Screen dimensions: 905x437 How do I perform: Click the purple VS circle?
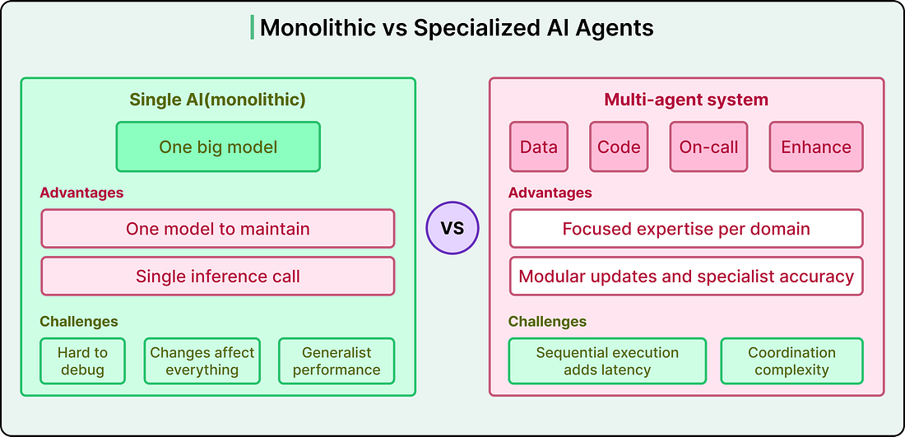pyautogui.click(x=452, y=228)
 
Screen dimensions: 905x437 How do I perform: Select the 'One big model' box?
pyautogui.click(x=218, y=146)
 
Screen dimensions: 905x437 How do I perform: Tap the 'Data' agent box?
pyautogui.click(x=539, y=146)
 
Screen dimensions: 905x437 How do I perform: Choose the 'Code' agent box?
pyautogui.click(x=619, y=146)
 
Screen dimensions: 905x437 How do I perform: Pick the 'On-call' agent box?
pyautogui.click(x=708, y=146)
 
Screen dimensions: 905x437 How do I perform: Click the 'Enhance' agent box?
pyautogui.click(x=816, y=146)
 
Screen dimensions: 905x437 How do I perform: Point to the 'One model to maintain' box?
pyautogui.click(x=217, y=229)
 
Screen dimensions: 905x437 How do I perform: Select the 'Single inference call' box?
pyautogui.click(x=217, y=276)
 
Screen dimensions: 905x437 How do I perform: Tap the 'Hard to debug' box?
pyautogui.click(x=82, y=360)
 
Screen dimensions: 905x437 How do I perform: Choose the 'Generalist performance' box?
pyautogui.click(x=336, y=360)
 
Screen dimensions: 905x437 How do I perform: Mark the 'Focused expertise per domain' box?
pyautogui.click(x=686, y=229)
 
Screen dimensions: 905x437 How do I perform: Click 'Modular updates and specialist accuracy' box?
pyautogui.click(x=686, y=276)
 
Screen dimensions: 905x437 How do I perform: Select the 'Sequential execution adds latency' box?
pyautogui.click(x=607, y=360)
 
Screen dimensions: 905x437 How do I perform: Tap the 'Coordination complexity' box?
pyautogui.click(x=791, y=360)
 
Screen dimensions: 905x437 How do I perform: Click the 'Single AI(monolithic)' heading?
pyautogui.click(x=217, y=100)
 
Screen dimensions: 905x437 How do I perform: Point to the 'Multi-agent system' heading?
pyautogui.click(x=686, y=100)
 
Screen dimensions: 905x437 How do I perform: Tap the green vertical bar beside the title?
pyautogui.click(x=253, y=28)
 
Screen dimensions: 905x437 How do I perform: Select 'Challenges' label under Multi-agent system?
pyautogui.click(x=547, y=321)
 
